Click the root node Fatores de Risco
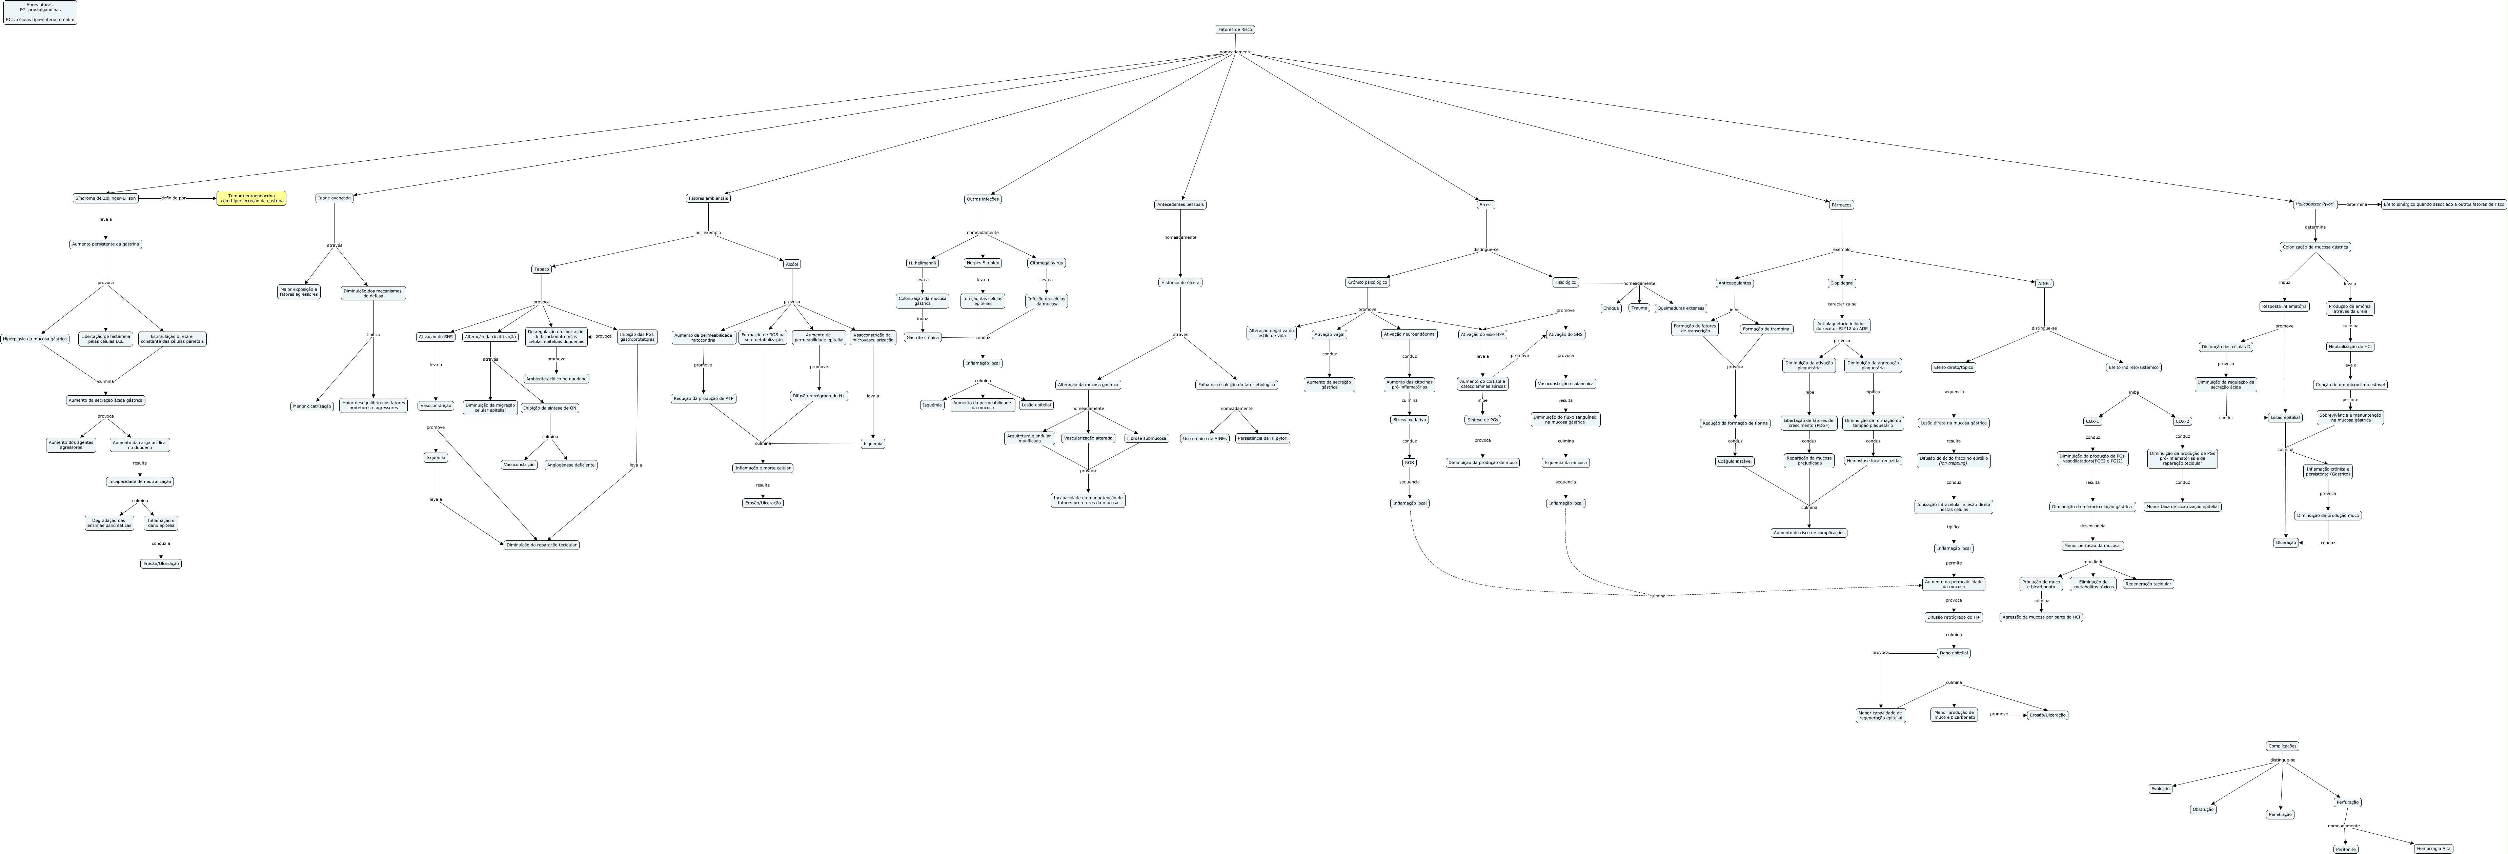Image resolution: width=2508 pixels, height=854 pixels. (1235, 29)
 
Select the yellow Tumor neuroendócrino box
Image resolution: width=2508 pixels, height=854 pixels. (251, 198)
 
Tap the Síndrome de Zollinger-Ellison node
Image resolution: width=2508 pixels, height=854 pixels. (105, 198)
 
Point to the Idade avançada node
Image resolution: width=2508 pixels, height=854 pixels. (334, 198)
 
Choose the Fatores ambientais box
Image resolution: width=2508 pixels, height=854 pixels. (708, 198)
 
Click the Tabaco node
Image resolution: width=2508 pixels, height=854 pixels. (541, 269)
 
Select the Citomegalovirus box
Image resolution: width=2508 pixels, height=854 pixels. (1047, 263)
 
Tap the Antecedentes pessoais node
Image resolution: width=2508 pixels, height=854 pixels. (1180, 204)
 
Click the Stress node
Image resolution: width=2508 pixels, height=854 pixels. (1486, 204)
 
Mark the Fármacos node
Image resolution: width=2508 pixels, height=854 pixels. (1841, 204)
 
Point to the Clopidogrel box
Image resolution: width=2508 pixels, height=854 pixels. (1841, 283)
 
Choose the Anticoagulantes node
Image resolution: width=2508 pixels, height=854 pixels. (1734, 283)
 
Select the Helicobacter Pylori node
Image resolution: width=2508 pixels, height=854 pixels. (2314, 203)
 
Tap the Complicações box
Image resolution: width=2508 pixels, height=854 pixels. (2282, 746)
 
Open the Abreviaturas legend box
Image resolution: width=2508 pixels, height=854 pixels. (40, 12)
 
